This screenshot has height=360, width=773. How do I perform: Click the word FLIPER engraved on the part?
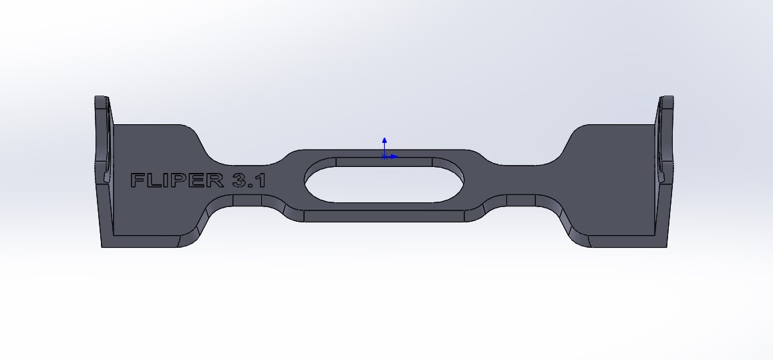pos(176,180)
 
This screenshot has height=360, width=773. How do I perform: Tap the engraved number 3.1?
pos(249,180)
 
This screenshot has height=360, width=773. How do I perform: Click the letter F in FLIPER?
pos(138,180)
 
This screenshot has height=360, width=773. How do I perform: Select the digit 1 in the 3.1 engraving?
pos(261,180)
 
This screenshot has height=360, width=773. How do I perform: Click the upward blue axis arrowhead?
pos(385,140)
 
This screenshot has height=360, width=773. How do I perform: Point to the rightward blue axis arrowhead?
pos(395,157)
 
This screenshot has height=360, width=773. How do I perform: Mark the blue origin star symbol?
pos(384,157)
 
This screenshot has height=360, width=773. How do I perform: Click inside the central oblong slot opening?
pos(384,184)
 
